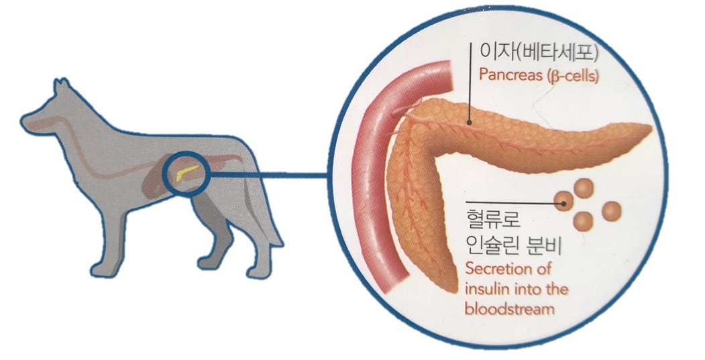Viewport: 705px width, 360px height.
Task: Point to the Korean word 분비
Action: click(x=551, y=247)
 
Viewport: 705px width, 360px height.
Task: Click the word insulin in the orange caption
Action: click(x=484, y=290)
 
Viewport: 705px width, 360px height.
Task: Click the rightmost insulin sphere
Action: click(x=611, y=212)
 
